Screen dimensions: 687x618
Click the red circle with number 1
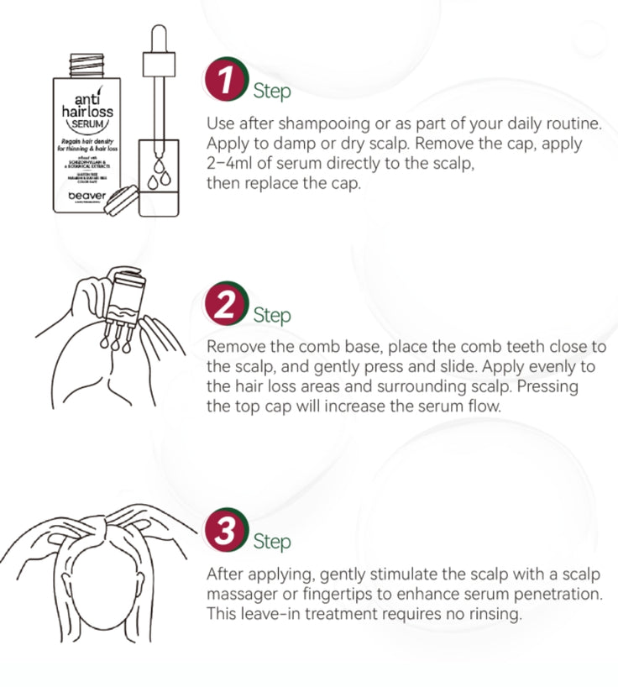(223, 80)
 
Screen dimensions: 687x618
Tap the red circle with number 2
(223, 305)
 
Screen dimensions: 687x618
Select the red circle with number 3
(223, 530)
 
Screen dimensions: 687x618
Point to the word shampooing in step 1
(327, 123)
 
